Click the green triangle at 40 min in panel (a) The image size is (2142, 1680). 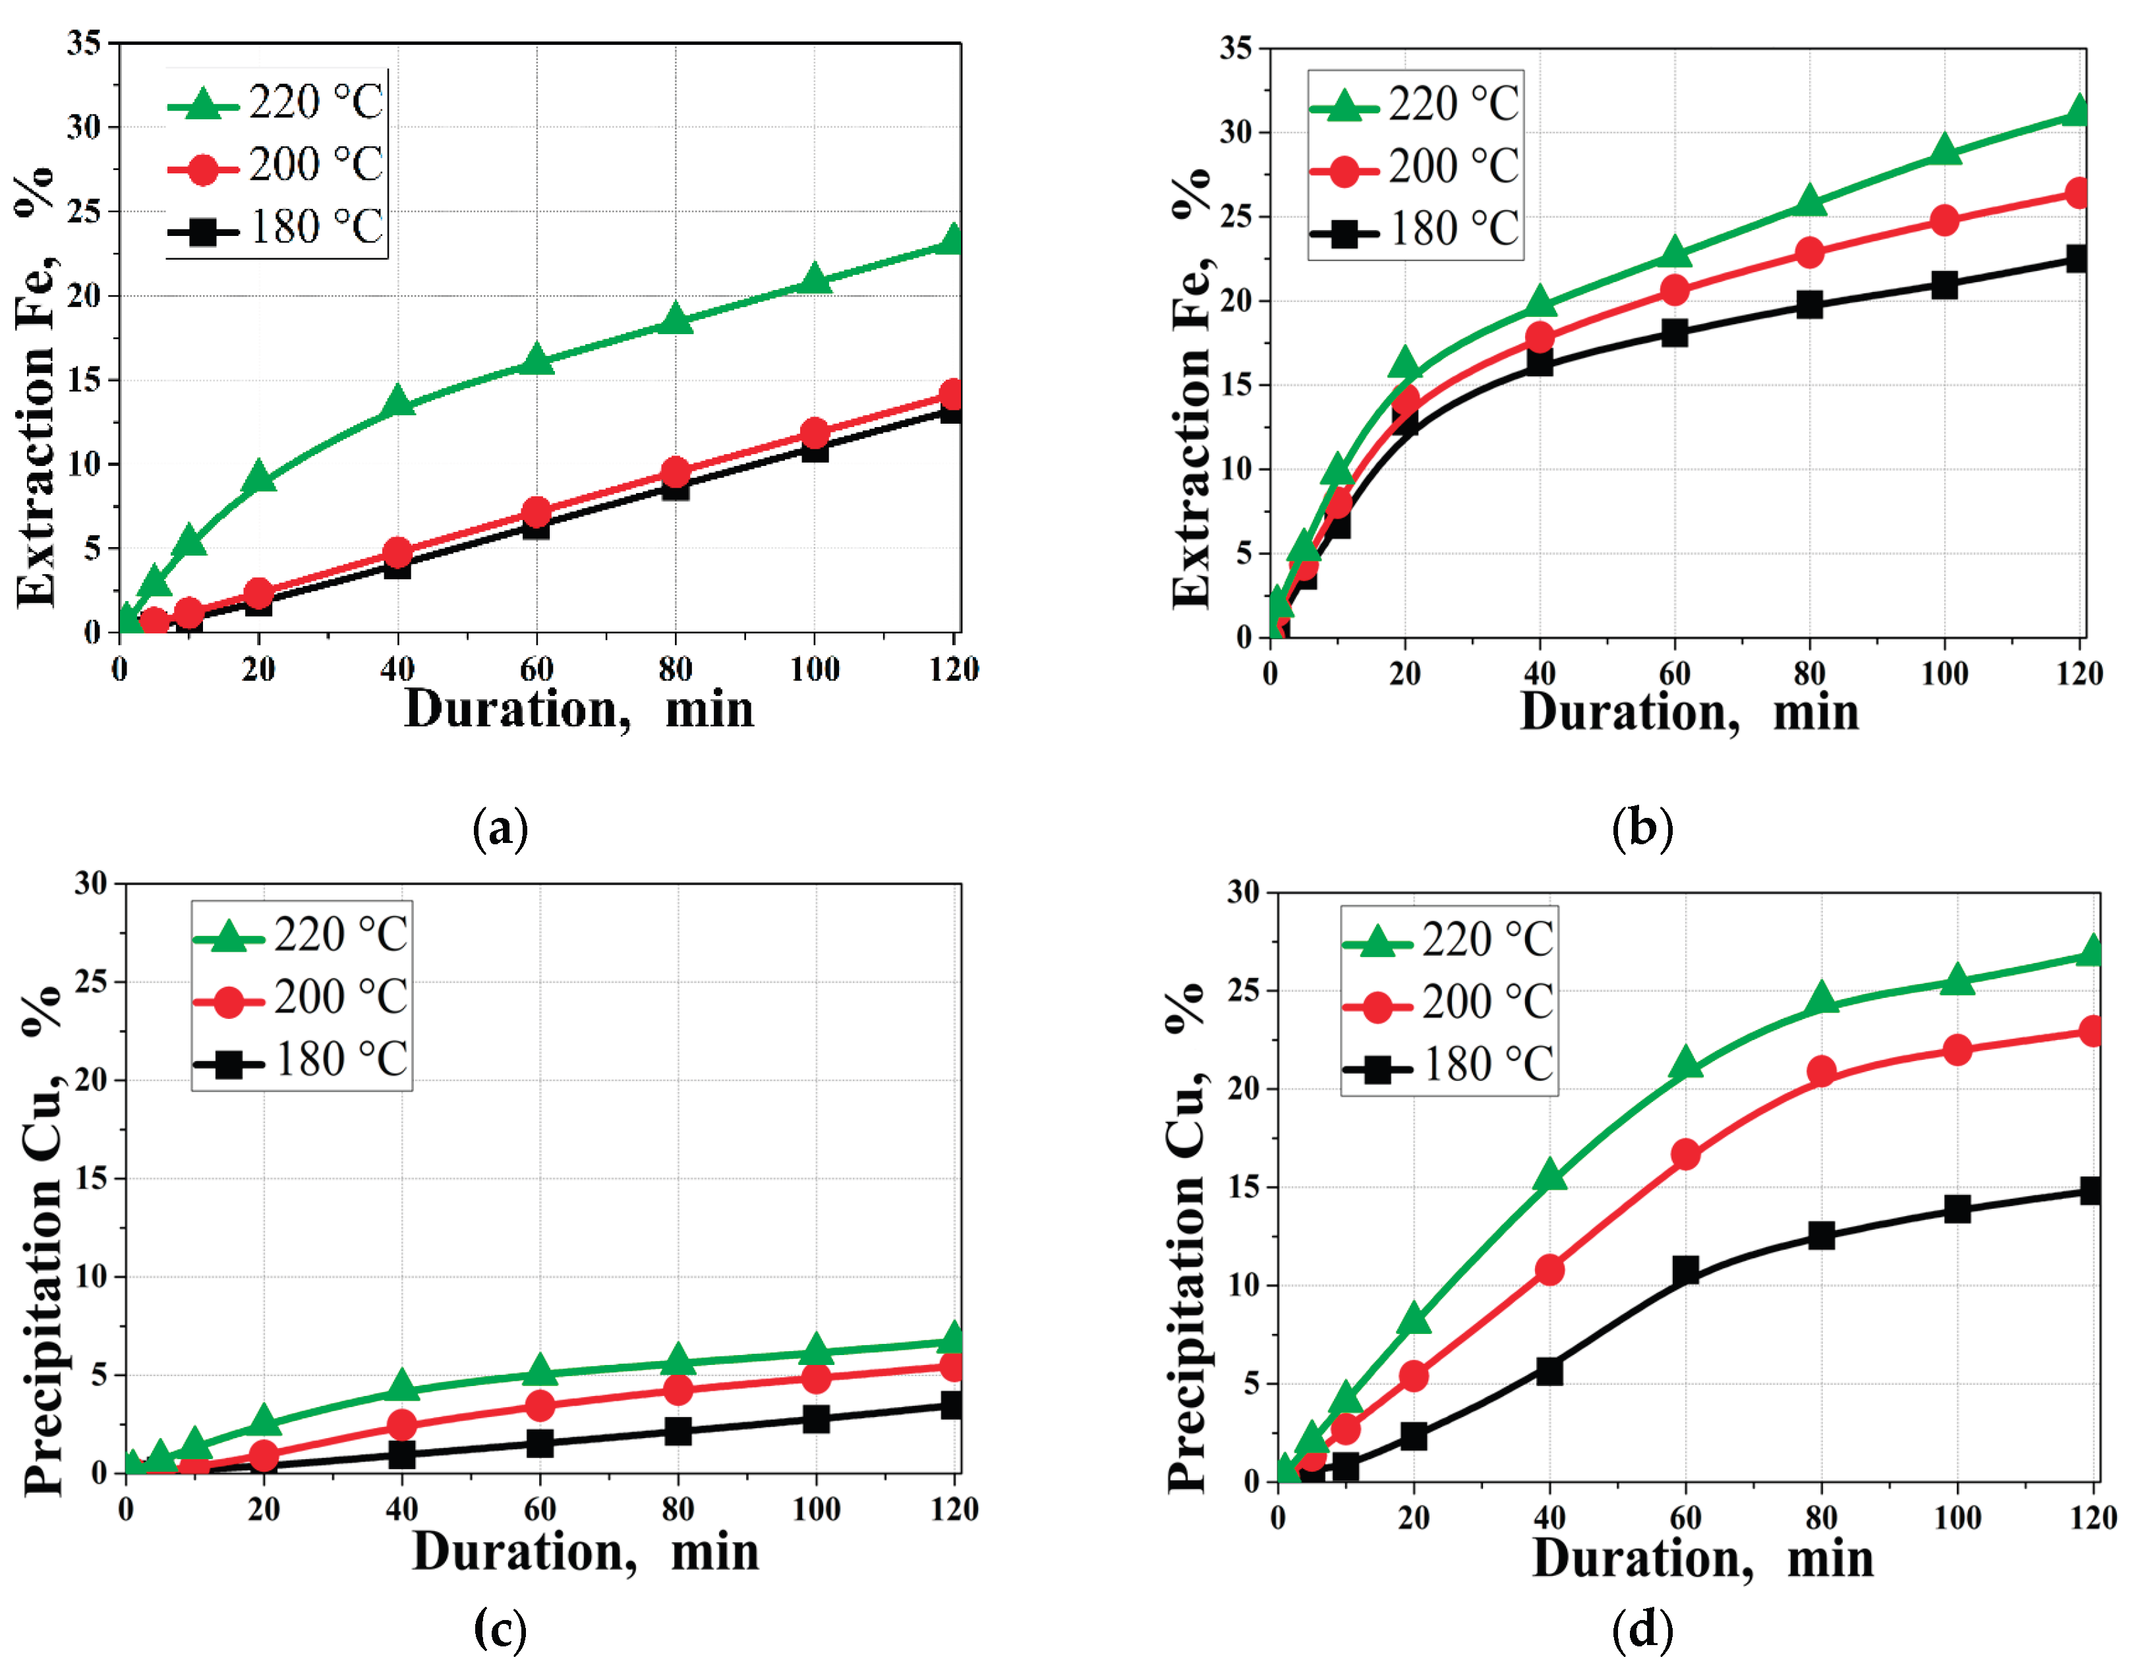397,401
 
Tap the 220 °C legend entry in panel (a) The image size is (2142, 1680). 276,102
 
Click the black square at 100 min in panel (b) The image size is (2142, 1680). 1944,285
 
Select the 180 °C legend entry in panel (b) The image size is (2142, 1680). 1416,229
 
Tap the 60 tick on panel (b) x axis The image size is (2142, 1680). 1674,674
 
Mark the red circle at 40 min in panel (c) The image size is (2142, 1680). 401,1424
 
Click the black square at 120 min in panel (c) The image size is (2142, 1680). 952,1405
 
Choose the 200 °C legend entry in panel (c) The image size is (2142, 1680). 301,997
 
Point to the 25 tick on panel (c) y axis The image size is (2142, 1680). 92,981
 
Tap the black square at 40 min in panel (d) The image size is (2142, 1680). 1549,1371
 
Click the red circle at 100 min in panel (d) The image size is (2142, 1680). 1957,1049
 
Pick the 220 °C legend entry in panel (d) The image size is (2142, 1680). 1448,939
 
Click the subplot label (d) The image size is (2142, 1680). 1641,1630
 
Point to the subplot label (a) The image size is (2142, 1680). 501,829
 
